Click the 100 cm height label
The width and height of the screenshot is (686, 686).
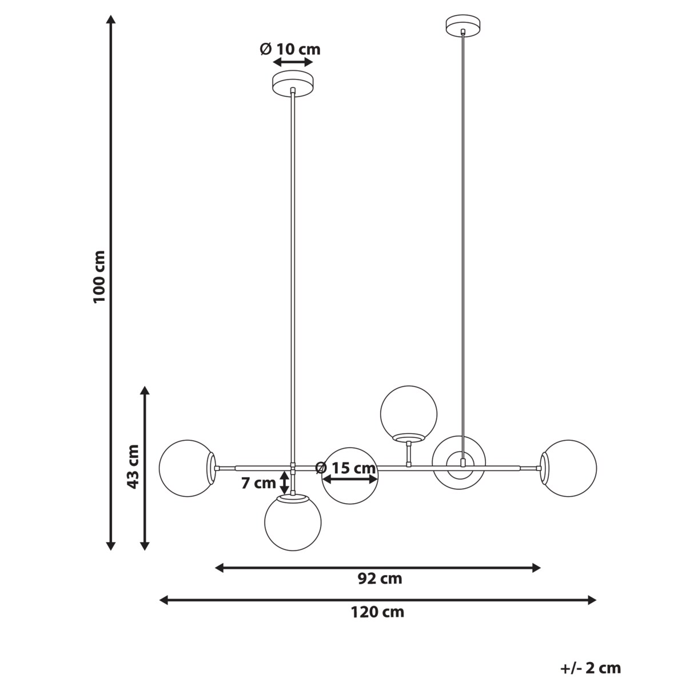99,277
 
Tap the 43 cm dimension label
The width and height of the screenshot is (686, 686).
133,466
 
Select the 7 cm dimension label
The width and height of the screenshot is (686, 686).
258,483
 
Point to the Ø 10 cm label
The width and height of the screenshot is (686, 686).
290,49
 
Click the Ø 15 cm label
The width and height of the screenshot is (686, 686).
345,468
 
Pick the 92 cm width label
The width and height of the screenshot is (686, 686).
380,579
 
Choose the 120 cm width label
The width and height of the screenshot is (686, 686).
377,612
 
